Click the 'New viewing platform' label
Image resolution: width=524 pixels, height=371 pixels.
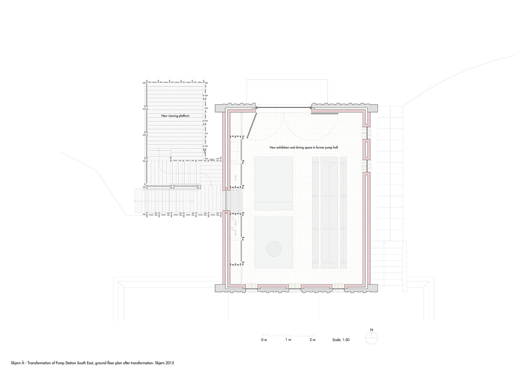click(x=175, y=116)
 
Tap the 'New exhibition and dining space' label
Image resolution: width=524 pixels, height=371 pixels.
click(x=290, y=147)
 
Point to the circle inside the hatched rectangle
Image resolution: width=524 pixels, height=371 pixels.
click(x=273, y=248)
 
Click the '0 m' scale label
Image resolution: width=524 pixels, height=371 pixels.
click(x=264, y=340)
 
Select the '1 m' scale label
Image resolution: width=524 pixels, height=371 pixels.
click(x=288, y=340)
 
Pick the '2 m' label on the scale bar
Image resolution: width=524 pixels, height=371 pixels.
click(x=312, y=340)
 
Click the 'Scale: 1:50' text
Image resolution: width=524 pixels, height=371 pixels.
click(x=341, y=340)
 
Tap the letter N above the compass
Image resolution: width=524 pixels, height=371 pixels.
click(x=372, y=330)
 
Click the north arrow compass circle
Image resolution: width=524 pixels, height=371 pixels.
click(x=372, y=338)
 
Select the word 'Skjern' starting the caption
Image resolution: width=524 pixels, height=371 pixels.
click(x=15, y=363)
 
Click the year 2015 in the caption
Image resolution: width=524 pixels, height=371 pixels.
click(x=170, y=363)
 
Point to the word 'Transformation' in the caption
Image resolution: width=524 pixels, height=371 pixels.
click(x=39, y=363)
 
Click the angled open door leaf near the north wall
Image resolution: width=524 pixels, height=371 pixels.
click(x=252, y=125)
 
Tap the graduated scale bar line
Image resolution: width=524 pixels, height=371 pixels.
click(x=288, y=336)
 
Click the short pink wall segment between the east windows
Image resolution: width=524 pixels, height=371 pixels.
click(x=366, y=149)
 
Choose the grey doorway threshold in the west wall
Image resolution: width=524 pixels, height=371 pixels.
click(x=226, y=200)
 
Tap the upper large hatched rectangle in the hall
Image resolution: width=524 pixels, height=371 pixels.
click(x=274, y=183)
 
